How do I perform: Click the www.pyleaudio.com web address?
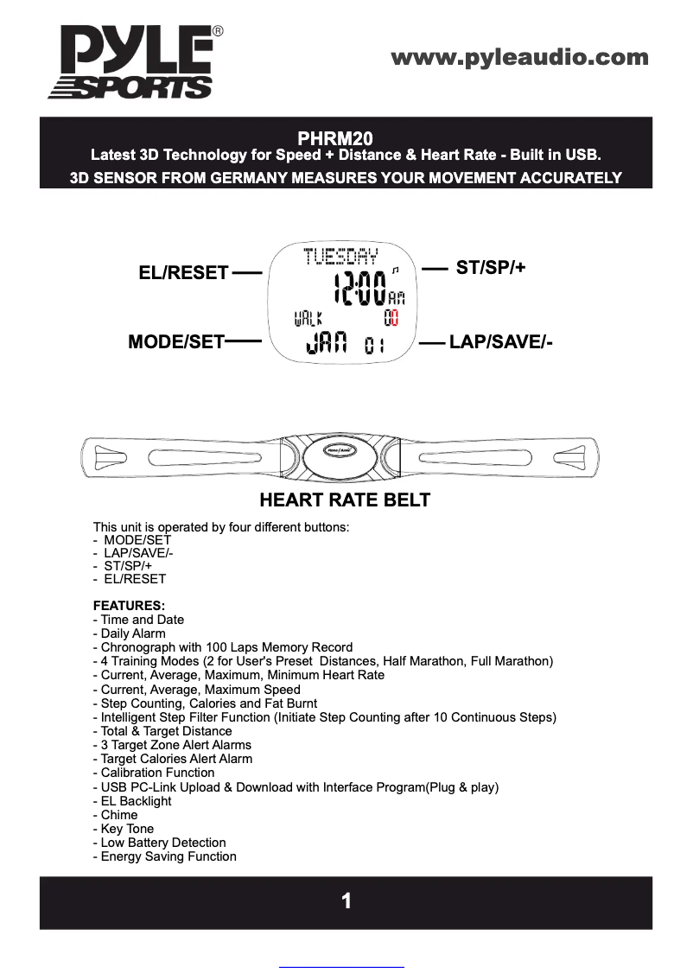(519, 58)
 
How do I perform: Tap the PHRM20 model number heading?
(346, 138)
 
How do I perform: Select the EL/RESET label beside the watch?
(183, 273)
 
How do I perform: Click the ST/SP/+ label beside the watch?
(491, 268)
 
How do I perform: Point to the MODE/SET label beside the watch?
(176, 341)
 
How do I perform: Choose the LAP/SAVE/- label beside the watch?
(500, 342)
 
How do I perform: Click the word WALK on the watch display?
(309, 319)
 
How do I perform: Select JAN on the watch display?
(326, 344)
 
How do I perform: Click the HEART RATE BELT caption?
(345, 500)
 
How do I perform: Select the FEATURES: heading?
(129, 605)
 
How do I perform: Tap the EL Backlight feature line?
(136, 800)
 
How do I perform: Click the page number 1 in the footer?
(346, 901)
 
